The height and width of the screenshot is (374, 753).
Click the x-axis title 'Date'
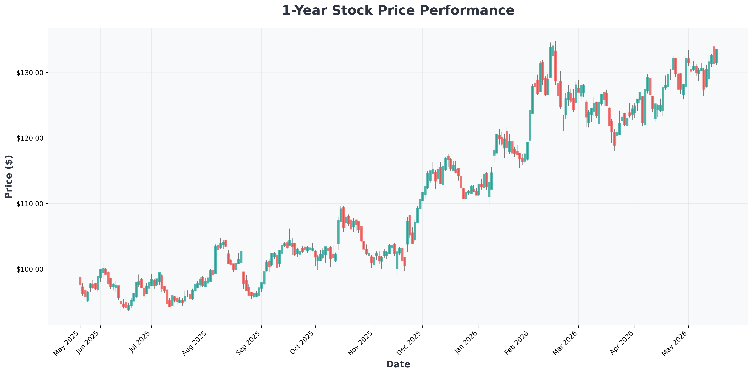point(398,364)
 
